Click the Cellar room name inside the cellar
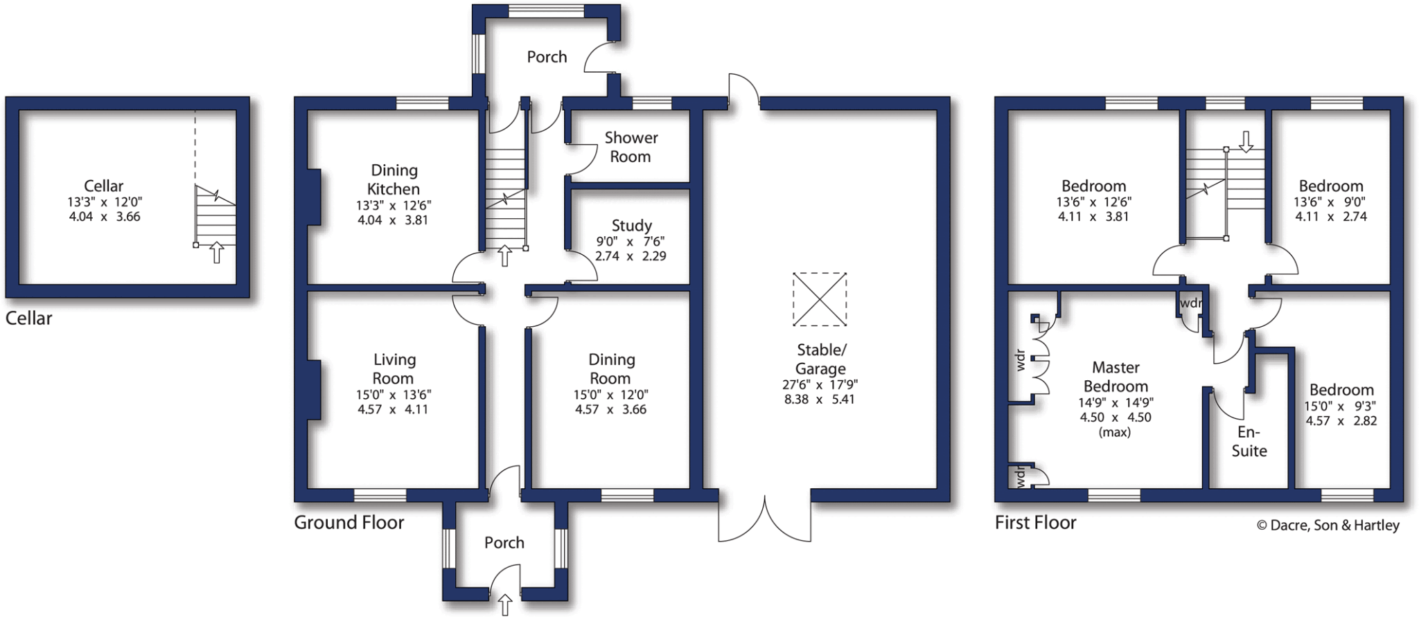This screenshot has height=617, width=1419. point(103,186)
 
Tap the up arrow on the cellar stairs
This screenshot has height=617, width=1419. point(217,252)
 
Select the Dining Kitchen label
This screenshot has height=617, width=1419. point(394,179)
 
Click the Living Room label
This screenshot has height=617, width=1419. point(394,368)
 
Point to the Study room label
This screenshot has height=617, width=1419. point(631,226)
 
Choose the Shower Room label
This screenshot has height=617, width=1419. point(631,147)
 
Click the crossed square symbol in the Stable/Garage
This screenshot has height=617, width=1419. point(820,299)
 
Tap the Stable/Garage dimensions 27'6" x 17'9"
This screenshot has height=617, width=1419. point(820,384)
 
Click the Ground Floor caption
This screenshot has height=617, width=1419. point(349,522)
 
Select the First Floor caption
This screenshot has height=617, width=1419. point(1035,522)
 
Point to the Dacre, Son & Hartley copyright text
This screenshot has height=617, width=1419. point(1328,525)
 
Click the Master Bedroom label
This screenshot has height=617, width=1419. point(1116,377)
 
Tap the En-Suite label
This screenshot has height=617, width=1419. point(1249,441)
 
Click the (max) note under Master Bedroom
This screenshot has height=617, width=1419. point(1115,432)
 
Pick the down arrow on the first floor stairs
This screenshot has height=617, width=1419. point(1246,142)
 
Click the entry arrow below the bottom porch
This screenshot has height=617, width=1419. point(505,605)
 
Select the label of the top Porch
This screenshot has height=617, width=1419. point(547,57)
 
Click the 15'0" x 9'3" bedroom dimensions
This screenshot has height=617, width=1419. point(1340,406)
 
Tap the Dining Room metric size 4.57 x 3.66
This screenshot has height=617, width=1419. point(610,409)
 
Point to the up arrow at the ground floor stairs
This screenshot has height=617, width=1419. point(505,256)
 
